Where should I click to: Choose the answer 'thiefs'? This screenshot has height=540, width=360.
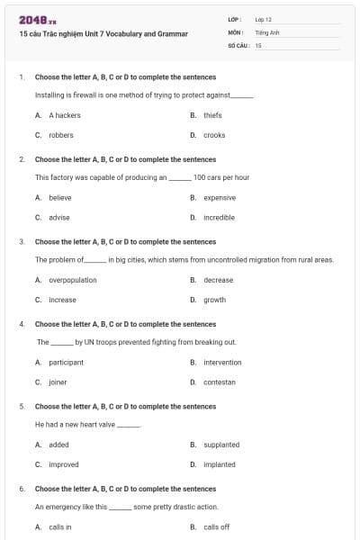(212, 115)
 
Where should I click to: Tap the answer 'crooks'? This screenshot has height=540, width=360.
(214, 135)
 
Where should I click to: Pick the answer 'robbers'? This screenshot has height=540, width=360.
(61, 135)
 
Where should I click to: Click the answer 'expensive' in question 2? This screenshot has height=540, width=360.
(220, 197)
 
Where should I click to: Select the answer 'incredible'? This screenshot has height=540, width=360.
(220, 217)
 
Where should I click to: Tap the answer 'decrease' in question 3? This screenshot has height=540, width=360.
(218, 280)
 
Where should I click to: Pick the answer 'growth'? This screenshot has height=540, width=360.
(214, 300)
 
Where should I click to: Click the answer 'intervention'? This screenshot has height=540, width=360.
(222, 362)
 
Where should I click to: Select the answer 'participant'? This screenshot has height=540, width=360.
(66, 362)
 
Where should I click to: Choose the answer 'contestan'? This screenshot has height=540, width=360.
(220, 382)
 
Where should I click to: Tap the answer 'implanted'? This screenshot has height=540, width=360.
(220, 464)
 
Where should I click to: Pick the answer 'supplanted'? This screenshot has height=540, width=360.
(221, 445)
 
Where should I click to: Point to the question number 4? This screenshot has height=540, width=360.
(22, 324)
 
